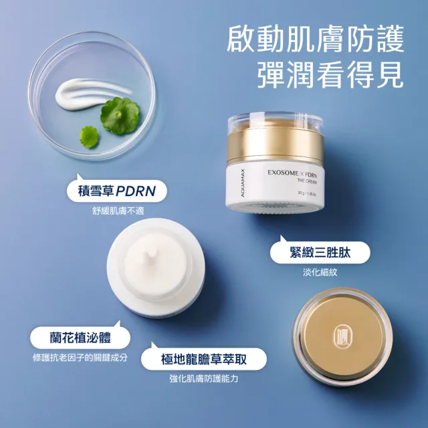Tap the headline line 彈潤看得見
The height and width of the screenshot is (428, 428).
pyautogui.click(x=330, y=76)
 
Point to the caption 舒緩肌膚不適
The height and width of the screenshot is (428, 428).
pyautogui.click(x=118, y=211)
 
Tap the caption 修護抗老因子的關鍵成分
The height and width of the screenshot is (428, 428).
pyautogui.click(x=80, y=357)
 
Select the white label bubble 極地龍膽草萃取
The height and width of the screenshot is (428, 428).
pyautogui.click(x=204, y=358)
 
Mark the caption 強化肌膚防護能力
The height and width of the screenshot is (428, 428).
pyautogui.click(x=204, y=379)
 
